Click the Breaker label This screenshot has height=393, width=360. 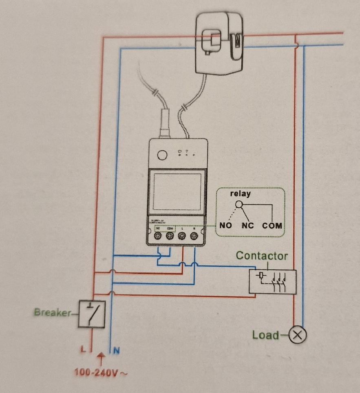(52, 313)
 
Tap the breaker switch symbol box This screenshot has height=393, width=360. (92, 314)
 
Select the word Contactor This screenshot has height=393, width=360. (262, 256)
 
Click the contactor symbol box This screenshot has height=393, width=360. (272, 281)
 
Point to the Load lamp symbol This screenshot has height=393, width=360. (298, 335)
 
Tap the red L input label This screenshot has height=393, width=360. (83, 349)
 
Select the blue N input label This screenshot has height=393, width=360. (116, 349)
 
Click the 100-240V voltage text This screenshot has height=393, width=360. (98, 372)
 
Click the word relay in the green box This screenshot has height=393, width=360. (241, 193)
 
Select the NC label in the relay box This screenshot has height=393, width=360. (247, 225)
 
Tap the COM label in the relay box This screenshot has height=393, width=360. (272, 225)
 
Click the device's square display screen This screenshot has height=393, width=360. (177, 191)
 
